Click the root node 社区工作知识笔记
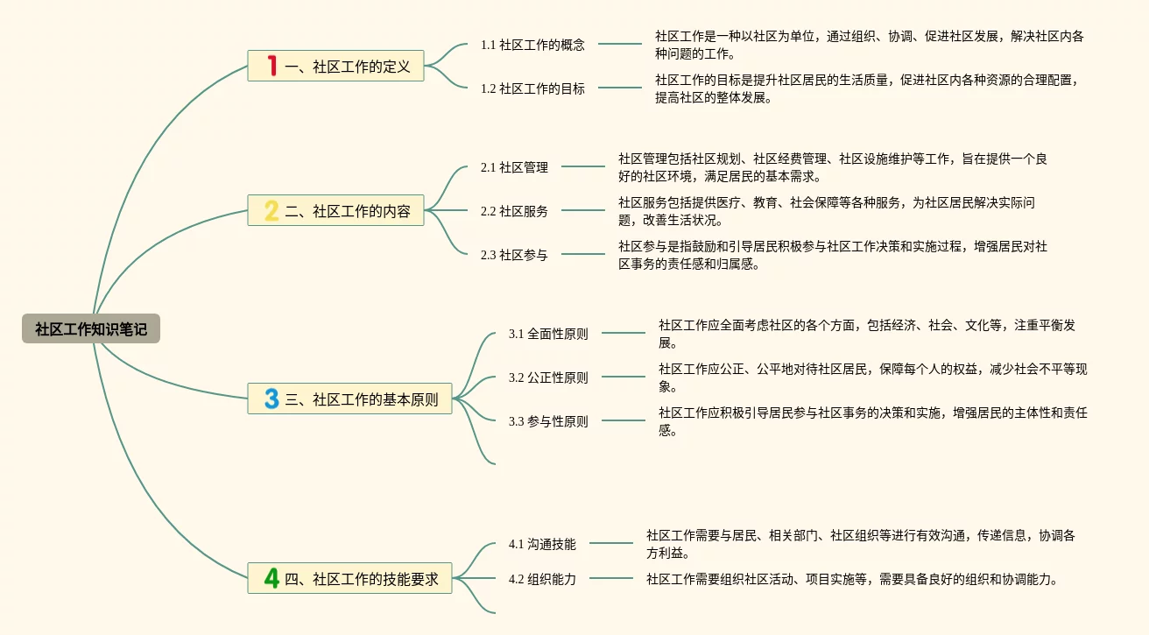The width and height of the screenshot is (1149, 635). click(x=91, y=328)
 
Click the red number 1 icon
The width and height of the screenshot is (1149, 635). click(x=271, y=66)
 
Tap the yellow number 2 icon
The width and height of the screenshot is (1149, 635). click(x=271, y=210)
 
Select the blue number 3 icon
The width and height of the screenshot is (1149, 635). click(x=271, y=399)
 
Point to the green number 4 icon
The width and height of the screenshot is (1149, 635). click(x=271, y=578)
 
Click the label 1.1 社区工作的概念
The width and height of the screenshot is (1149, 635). click(x=532, y=46)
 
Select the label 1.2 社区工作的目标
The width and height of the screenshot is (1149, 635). click(x=532, y=88)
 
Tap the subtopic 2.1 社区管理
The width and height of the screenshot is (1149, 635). click(x=514, y=167)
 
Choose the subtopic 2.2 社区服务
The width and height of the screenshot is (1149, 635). click(x=514, y=211)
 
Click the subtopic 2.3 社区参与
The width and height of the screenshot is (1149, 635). click(x=514, y=255)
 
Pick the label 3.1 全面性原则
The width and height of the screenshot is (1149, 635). click(x=548, y=334)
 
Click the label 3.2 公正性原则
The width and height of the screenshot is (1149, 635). click(x=548, y=377)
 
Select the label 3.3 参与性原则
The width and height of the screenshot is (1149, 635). click(x=548, y=421)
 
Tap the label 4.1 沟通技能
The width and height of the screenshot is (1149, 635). click(x=542, y=544)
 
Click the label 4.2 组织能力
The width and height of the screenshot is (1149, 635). click(x=542, y=579)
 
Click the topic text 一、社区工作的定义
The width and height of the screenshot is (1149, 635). click(x=348, y=67)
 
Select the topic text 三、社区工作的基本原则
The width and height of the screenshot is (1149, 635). click(x=361, y=399)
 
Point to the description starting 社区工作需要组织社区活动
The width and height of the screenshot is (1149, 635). click(x=851, y=579)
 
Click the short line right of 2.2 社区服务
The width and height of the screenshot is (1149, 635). click(x=583, y=210)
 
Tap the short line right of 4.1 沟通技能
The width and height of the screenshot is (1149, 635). click(x=611, y=543)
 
